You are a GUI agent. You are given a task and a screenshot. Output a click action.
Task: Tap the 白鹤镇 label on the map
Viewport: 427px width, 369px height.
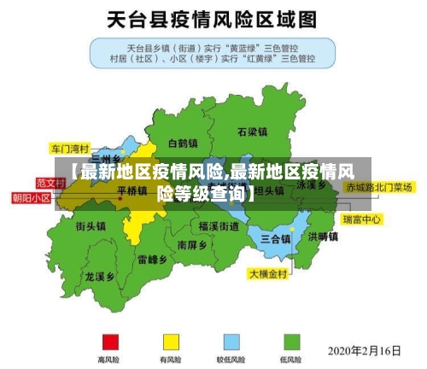click(x=182, y=143)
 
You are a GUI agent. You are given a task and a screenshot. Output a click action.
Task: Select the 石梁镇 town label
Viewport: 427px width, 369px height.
click(x=253, y=132)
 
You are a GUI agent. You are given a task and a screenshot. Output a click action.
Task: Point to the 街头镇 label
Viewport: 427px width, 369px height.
click(x=91, y=227)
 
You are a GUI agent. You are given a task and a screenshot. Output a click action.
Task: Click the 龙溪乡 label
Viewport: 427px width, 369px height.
click(x=100, y=277)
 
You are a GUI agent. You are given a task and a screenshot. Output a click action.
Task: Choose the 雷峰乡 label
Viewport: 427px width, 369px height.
click(x=153, y=259)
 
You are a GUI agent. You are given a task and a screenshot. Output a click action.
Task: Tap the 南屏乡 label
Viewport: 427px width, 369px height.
click(x=192, y=245)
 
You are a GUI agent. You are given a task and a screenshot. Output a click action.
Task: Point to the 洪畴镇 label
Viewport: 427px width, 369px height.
click(x=324, y=237)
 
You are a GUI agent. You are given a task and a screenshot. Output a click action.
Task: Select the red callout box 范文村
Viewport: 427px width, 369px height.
click(x=50, y=183)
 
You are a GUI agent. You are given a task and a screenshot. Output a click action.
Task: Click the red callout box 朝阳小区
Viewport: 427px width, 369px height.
click(x=31, y=197)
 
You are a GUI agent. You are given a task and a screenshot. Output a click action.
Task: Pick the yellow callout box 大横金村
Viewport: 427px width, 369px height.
click(x=270, y=275)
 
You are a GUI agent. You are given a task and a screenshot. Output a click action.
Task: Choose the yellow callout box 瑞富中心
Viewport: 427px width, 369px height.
click(x=361, y=220)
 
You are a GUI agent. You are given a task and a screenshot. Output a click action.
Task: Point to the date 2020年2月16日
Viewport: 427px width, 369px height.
click(x=365, y=351)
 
